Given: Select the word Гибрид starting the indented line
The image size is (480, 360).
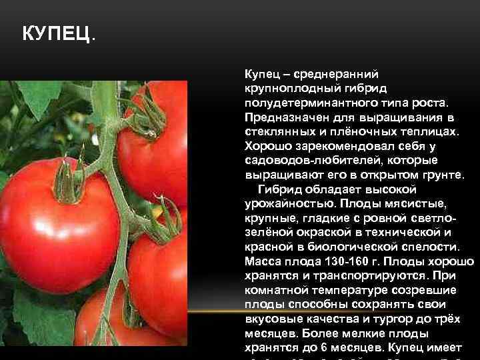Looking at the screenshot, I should (277, 189).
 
